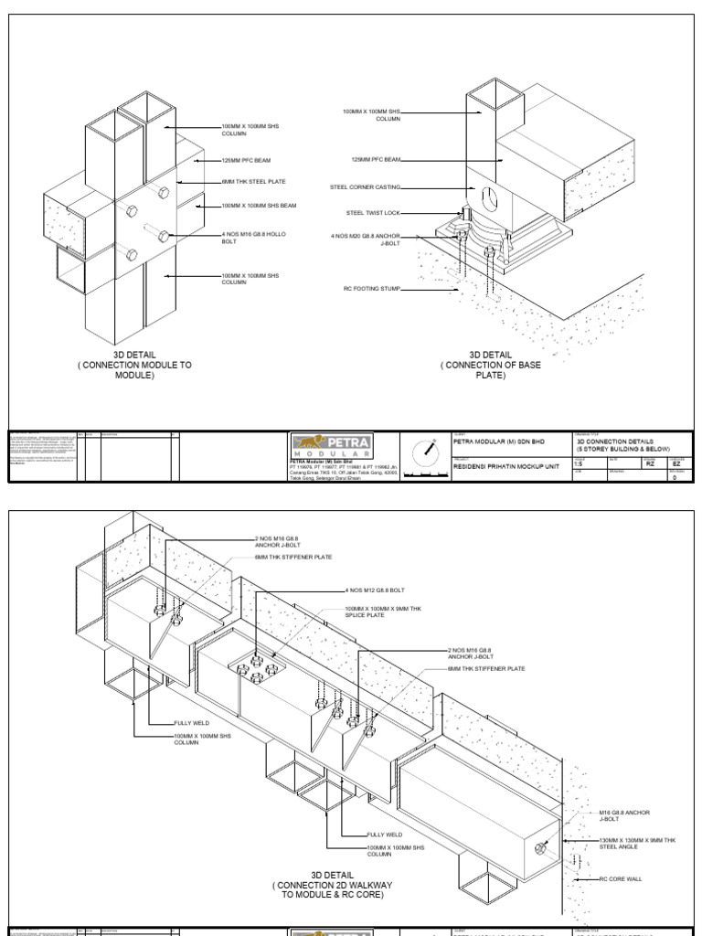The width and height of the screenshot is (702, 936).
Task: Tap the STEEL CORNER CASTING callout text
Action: coord(365,186)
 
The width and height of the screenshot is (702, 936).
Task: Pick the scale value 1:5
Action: coord(579,464)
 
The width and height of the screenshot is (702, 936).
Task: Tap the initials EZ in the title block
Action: coord(675,463)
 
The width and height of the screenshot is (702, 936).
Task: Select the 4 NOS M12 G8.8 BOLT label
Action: coord(377,590)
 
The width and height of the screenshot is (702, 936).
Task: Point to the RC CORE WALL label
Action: coord(621,878)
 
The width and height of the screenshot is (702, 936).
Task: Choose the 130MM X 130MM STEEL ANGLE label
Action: coord(636,843)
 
